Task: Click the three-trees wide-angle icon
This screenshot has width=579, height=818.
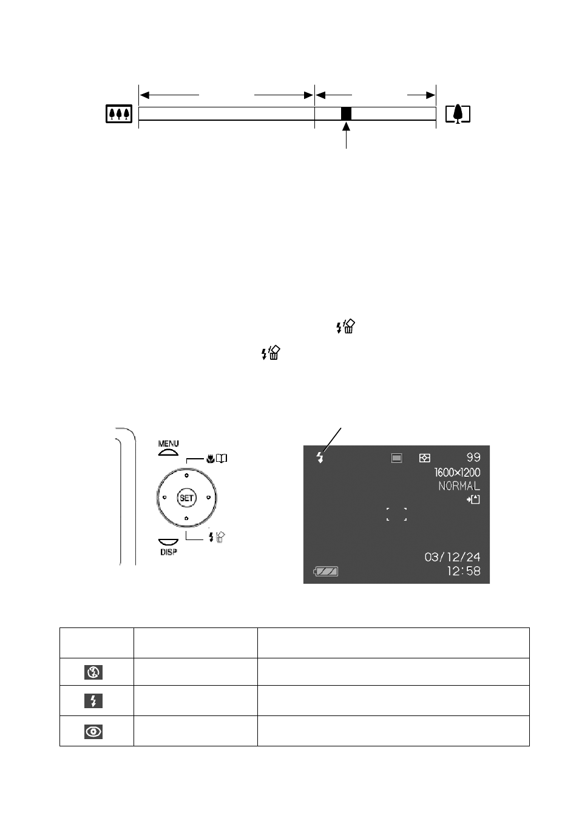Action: click(119, 113)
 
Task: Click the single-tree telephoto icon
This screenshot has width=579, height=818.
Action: click(458, 114)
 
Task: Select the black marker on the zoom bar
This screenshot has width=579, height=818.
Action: click(346, 113)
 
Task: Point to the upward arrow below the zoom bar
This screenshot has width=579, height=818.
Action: click(346, 135)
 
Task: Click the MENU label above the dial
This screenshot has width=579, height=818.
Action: click(168, 444)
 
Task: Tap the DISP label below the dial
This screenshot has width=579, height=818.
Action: click(168, 552)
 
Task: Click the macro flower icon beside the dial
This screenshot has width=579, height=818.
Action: click(210, 458)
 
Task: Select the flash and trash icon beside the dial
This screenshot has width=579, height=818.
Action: click(217, 537)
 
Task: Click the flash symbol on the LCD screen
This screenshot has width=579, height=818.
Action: click(320, 457)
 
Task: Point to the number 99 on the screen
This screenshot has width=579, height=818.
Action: click(473, 457)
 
